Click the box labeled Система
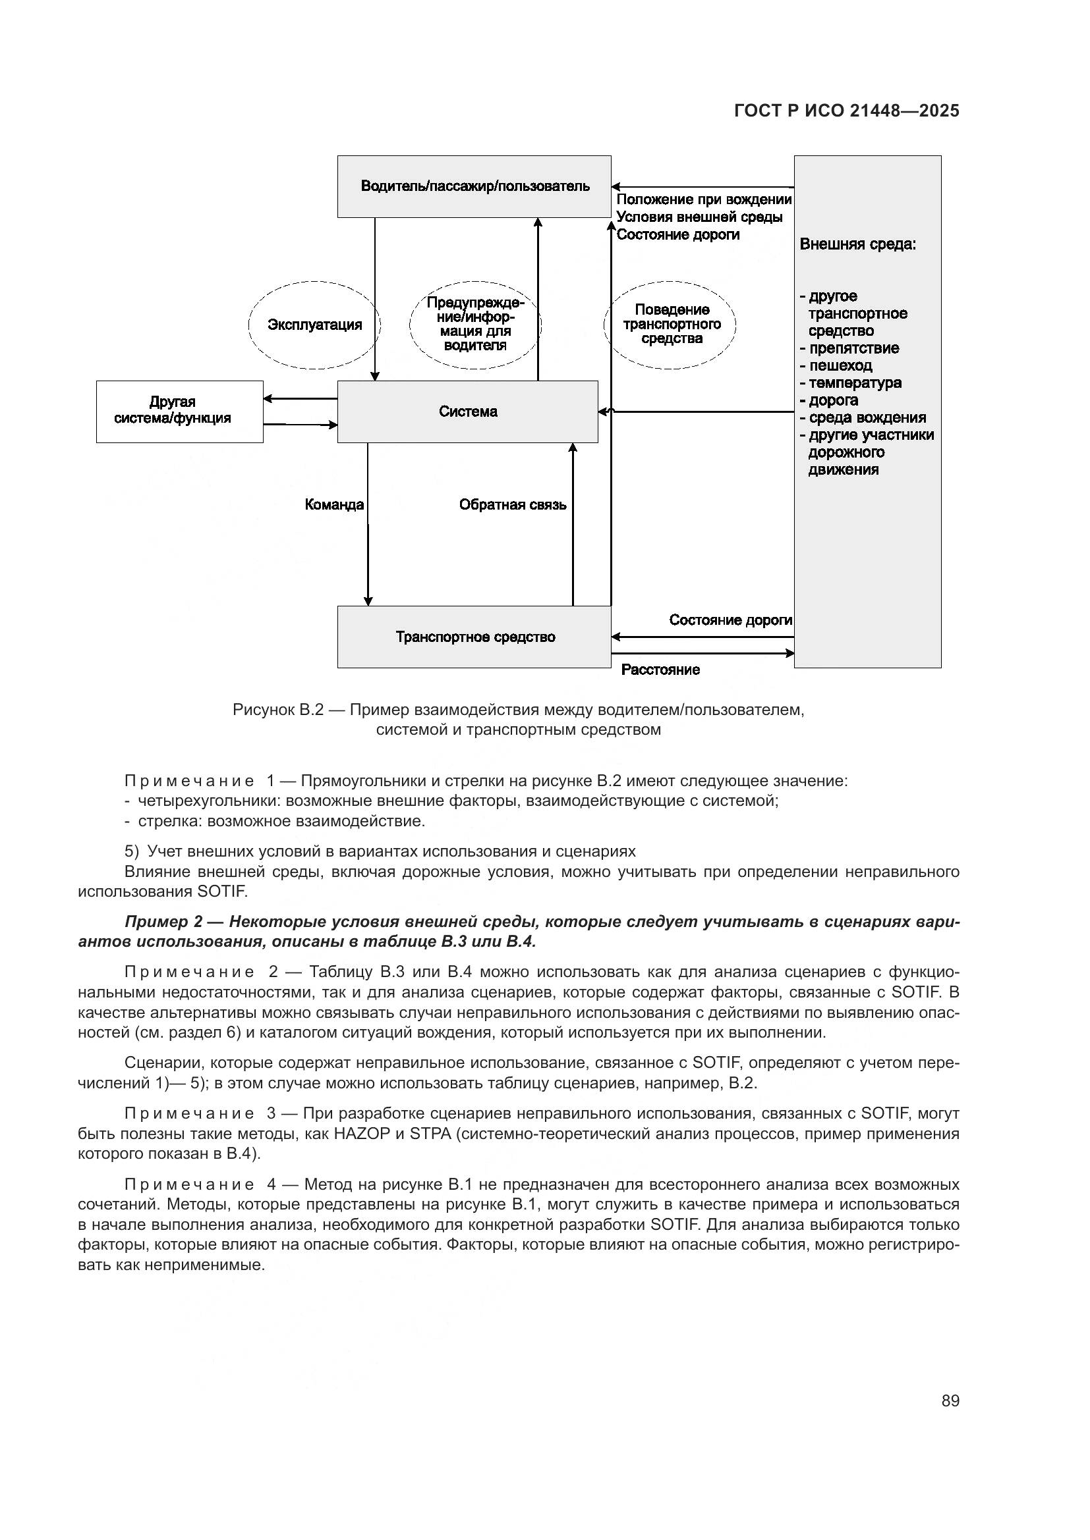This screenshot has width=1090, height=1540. coord(467,412)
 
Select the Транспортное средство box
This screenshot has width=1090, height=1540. coord(474,637)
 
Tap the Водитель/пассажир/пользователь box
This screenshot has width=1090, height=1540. coord(474,186)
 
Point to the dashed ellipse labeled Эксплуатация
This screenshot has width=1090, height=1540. coord(314,325)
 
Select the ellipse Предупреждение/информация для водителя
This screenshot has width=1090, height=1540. coord(474,325)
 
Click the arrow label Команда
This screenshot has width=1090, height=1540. coord(333,505)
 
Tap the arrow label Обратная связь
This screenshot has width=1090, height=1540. coord(512,505)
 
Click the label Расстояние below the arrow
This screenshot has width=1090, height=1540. coord(660,670)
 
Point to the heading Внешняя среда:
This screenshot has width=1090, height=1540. coord(858,244)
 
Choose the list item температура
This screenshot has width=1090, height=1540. coord(855,384)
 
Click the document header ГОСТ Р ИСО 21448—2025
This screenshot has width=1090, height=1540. coord(846,111)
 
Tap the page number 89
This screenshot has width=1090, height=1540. coord(950,1400)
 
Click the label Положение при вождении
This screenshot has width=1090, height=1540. coord(703,200)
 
